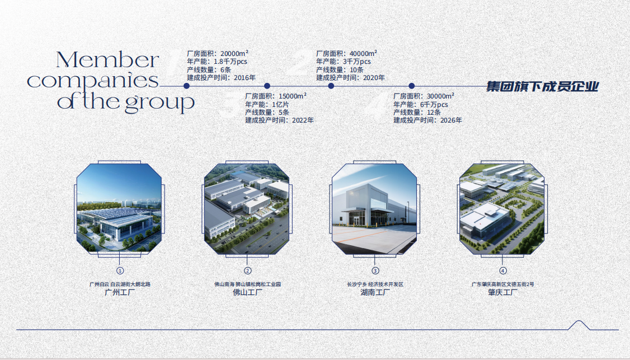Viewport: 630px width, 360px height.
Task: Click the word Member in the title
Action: pos(107,60)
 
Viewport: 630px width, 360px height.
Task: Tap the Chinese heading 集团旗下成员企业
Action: pos(542,86)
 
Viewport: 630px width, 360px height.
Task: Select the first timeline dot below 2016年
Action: pos(186,86)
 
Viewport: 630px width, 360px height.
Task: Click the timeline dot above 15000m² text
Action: pos(267,86)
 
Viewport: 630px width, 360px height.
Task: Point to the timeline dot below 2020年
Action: pos(331,86)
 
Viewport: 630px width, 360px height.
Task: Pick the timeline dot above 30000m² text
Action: pos(411,86)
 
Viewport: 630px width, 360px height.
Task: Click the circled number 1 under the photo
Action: pos(120,271)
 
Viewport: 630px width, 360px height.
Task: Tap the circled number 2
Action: pos(247,271)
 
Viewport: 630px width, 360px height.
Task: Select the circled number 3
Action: pos(375,271)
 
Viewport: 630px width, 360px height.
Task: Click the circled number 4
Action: pos(502,271)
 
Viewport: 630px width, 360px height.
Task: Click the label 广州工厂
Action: pos(120,292)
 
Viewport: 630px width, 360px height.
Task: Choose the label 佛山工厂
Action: pos(247,292)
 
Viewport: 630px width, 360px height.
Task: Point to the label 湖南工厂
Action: pos(375,292)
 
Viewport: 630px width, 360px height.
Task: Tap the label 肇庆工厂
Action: pos(502,292)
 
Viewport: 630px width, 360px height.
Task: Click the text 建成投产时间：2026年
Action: pos(427,120)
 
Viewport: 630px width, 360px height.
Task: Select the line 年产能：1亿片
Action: pos(267,105)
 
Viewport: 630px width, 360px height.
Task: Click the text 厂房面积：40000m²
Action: pos(346,54)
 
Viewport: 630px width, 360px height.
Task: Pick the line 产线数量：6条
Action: pos(209,69)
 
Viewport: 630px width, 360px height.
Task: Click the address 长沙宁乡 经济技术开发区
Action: pos(375,284)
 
